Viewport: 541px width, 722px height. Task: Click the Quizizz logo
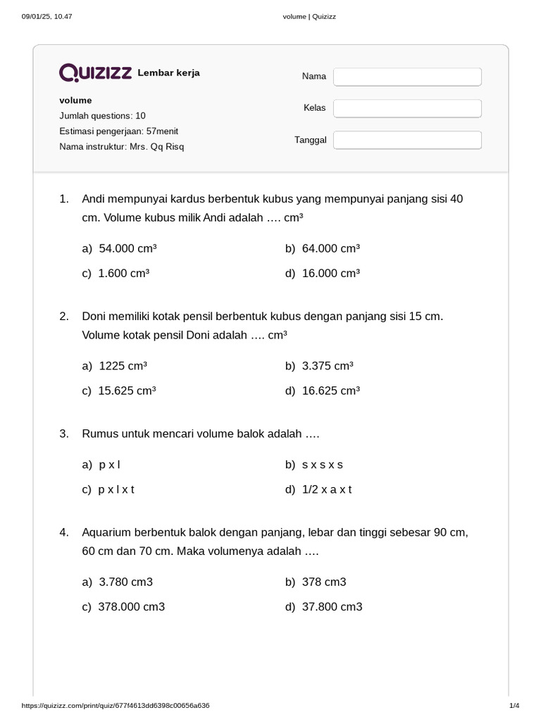tap(95, 73)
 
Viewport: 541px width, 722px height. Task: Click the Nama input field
tap(407, 76)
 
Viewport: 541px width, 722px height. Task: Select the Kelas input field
tap(407, 108)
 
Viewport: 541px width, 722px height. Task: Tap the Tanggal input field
tap(407, 140)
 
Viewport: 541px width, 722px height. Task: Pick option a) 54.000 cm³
tap(128, 248)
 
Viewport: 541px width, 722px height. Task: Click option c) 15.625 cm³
tap(127, 391)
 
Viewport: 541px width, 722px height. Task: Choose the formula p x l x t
tap(116, 489)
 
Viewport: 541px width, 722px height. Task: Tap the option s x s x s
tap(322, 465)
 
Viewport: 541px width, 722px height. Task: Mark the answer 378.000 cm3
tap(132, 606)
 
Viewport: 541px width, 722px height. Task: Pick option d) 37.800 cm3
tap(332, 606)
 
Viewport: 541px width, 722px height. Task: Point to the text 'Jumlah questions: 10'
tap(102, 116)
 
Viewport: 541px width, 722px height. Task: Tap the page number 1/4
tap(514, 706)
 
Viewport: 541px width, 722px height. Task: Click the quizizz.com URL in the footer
tap(116, 706)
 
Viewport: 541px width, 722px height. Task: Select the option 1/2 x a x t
tap(326, 489)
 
